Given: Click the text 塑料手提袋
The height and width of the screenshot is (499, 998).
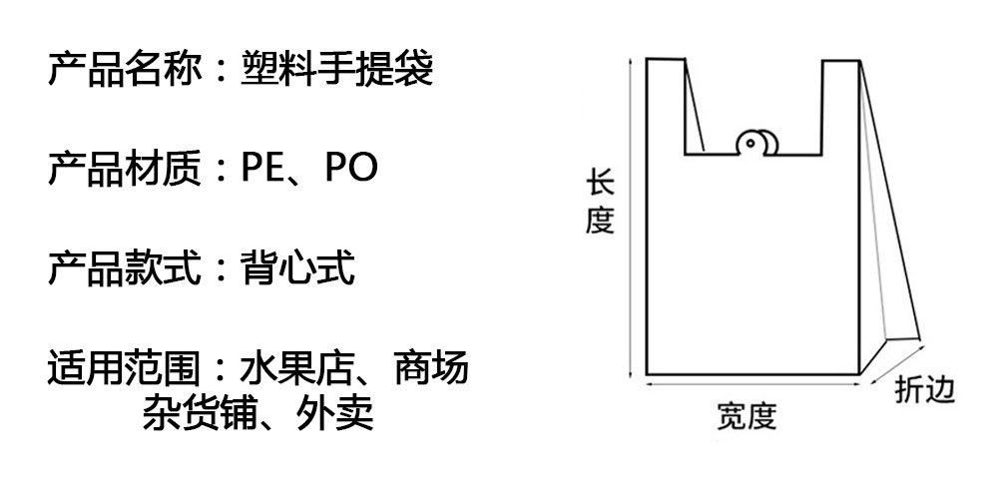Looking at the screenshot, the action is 337,71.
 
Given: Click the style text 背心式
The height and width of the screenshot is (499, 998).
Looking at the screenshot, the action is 297,267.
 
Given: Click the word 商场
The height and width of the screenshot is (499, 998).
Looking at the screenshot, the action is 431,367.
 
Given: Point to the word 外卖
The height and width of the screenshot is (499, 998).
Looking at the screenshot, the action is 335,412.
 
